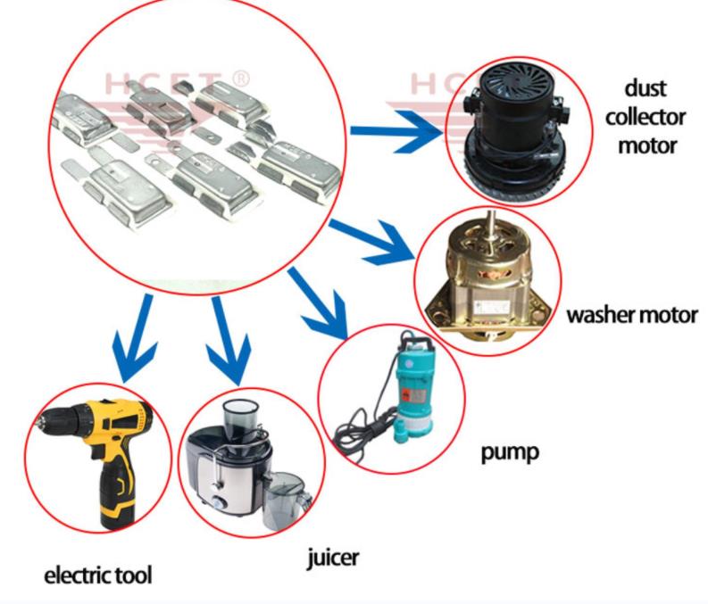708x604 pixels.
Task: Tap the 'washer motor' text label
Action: click(x=632, y=316)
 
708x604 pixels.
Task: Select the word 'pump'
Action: click(x=510, y=451)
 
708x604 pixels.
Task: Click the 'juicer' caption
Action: click(x=331, y=558)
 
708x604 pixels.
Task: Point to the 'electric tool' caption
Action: click(x=98, y=575)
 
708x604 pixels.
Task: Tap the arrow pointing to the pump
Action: click(x=312, y=303)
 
